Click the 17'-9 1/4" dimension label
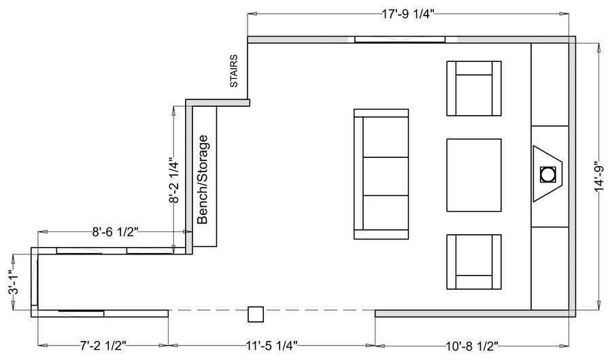tap(408, 14)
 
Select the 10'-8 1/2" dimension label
tap(472, 346)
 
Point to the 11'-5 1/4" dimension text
tap(271, 346)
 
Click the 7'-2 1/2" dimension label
tap(103, 346)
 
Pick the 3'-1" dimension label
tap(14, 282)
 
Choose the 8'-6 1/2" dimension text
tap(115, 232)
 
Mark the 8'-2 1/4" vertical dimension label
tap(174, 180)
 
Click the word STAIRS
tap(234, 71)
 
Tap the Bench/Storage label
tap(203, 180)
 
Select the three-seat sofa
tap(381, 174)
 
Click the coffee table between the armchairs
tap(474, 175)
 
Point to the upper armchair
tap(474, 88)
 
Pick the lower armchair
tap(474, 262)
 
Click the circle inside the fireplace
tap(548, 174)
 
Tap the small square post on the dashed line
tap(256, 314)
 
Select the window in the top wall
tap(400, 39)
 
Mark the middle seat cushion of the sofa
tap(386, 176)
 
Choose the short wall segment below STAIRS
tap(218, 103)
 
